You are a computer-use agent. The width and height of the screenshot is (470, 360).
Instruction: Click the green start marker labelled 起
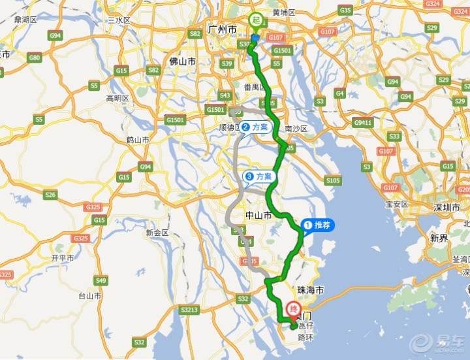click(x=256, y=20)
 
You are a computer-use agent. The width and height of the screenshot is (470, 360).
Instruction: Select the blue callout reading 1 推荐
click(x=318, y=226)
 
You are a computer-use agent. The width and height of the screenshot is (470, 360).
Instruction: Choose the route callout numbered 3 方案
click(x=258, y=176)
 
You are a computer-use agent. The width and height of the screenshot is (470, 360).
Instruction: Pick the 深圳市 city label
click(x=447, y=208)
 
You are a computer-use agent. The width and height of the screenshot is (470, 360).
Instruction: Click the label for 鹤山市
click(x=138, y=140)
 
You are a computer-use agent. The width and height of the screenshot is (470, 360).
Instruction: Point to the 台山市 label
click(x=89, y=295)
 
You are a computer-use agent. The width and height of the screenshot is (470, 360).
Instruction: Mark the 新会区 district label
click(x=157, y=233)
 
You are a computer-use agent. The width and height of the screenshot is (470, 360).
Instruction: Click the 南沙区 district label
click(x=296, y=129)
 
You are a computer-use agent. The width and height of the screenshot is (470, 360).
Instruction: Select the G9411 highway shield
click(x=363, y=122)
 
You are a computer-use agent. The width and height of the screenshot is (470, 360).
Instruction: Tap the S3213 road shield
click(x=190, y=309)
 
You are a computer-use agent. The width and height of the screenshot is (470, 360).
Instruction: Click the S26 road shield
click(x=50, y=194)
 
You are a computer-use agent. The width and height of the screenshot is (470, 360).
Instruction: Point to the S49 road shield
click(x=101, y=280)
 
